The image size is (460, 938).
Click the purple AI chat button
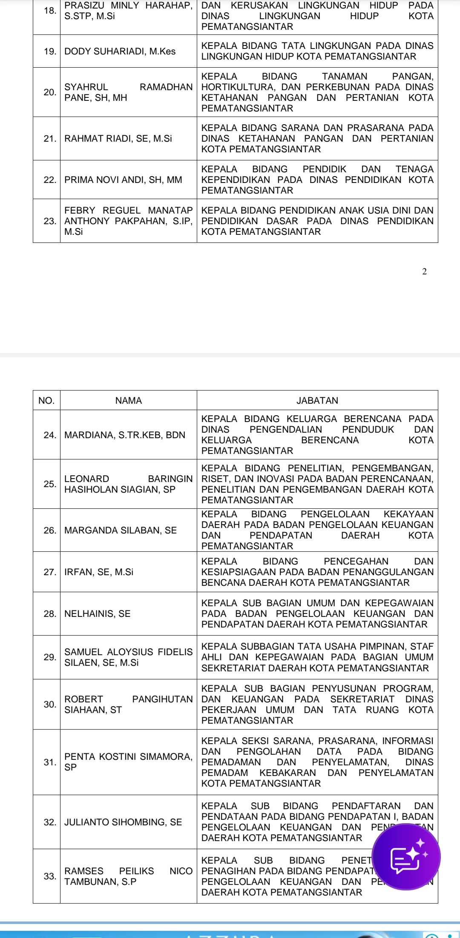406,856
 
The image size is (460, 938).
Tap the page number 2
424,272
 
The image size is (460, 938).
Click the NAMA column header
128,400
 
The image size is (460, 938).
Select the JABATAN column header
317,400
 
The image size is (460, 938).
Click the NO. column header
46,400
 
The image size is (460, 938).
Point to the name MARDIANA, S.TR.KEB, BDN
125,435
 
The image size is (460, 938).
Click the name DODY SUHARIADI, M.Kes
120,51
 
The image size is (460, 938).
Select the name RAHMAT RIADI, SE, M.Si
118,138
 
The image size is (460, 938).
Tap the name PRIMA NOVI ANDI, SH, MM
123,180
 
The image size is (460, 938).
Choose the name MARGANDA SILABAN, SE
121,530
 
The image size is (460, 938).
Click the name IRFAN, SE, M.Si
99,572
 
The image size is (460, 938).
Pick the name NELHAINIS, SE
98,613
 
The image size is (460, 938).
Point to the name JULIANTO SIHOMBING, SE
123,822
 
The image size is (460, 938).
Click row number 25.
50,484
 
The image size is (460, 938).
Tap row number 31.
50,762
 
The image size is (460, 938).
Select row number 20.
50,92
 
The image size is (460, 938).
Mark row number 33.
50,876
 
